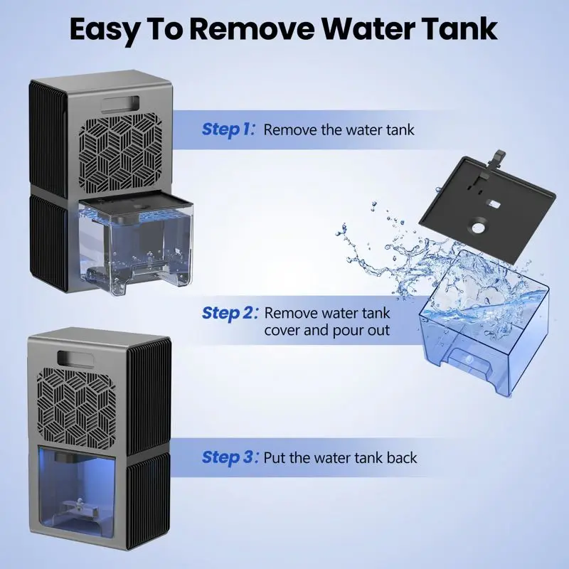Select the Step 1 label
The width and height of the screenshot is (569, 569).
[x=228, y=129]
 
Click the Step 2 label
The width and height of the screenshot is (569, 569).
[x=230, y=313]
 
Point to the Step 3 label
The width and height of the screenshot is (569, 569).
[x=230, y=457]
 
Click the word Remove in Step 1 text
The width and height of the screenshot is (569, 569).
[x=290, y=129]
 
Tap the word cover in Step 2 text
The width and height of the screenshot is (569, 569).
[x=282, y=331]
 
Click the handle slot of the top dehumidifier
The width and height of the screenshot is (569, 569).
[x=120, y=103]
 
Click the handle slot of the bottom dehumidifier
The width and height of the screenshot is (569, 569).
[x=75, y=358]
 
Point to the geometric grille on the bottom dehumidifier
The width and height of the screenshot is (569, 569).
[x=77, y=408]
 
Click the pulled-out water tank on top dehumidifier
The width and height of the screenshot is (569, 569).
[x=135, y=243]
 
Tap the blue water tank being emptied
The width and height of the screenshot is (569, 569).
[x=484, y=325]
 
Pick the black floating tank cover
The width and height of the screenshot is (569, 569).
[x=487, y=208]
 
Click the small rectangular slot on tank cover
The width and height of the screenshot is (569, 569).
[x=496, y=204]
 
